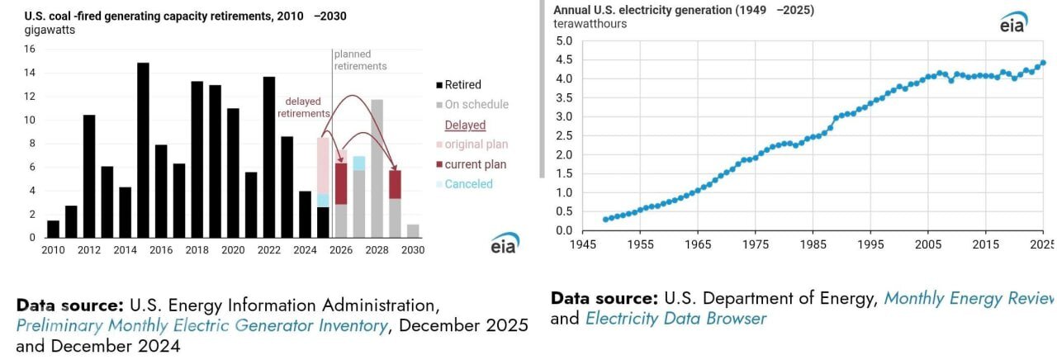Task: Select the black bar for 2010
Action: (x=53, y=229)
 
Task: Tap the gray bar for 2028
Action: (x=377, y=168)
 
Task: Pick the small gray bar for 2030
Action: (x=413, y=231)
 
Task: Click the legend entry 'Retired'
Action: (x=462, y=84)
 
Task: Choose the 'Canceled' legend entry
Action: (x=468, y=184)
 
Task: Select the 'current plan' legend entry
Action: (x=475, y=164)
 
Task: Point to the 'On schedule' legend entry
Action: (x=476, y=104)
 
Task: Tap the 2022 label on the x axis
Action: (x=268, y=250)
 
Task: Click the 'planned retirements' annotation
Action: (x=360, y=60)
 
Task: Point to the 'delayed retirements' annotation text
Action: (x=303, y=107)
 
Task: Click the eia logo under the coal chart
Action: (x=505, y=244)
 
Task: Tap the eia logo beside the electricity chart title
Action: (x=1013, y=23)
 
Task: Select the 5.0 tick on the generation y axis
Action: (x=564, y=40)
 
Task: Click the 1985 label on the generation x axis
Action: (x=814, y=245)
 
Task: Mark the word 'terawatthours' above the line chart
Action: (x=590, y=24)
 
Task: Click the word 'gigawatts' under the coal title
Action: (x=50, y=30)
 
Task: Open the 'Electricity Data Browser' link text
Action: (x=675, y=318)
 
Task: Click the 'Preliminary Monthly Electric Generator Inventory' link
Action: (x=201, y=325)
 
